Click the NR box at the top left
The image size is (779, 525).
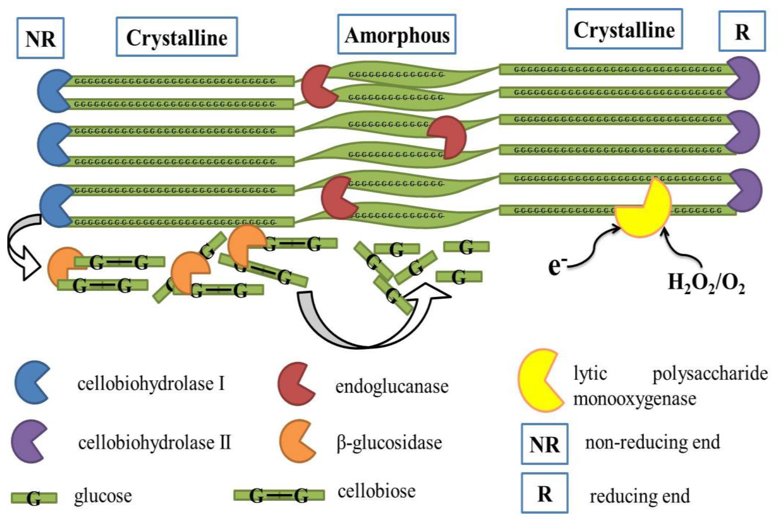pyautogui.click(x=41, y=38)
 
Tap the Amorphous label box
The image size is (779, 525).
pyautogui.click(x=397, y=34)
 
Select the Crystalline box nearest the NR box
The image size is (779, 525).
pyautogui.click(x=177, y=37)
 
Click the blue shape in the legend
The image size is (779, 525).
pyautogui.click(x=30, y=382)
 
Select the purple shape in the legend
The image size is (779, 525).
pyautogui.click(x=27, y=441)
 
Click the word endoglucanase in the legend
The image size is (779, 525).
pyautogui.click(x=391, y=387)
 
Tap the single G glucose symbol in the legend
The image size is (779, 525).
pyautogui.click(x=34, y=498)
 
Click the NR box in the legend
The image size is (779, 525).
pyautogui.click(x=544, y=444)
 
